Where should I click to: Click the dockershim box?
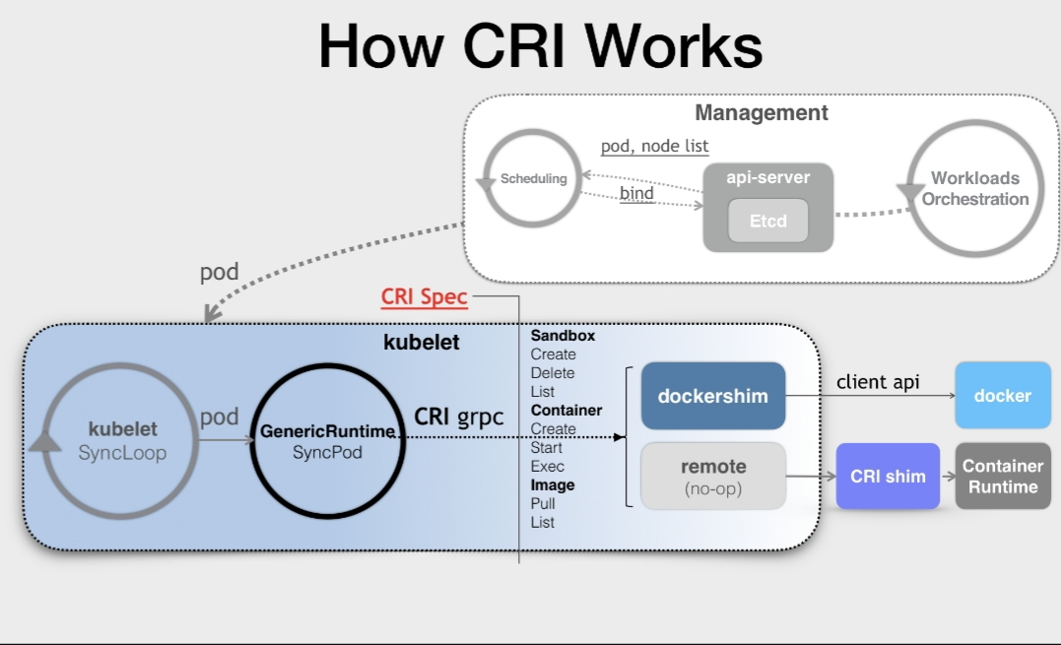pyautogui.click(x=712, y=396)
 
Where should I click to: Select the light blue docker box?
pyautogui.click(x=1002, y=396)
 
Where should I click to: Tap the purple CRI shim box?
pyautogui.click(x=888, y=477)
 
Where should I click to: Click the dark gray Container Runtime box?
pyautogui.click(x=1002, y=477)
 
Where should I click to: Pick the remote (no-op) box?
pyautogui.click(x=713, y=477)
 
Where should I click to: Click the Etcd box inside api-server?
pyautogui.click(x=768, y=221)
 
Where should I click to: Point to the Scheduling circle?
pyautogui.click(x=533, y=179)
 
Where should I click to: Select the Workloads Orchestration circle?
pyautogui.click(x=974, y=189)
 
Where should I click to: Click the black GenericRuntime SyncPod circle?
pyautogui.click(x=328, y=442)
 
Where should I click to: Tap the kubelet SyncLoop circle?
pyautogui.click(x=122, y=442)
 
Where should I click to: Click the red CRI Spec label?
pyautogui.click(x=425, y=297)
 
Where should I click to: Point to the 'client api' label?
pyautogui.click(x=878, y=381)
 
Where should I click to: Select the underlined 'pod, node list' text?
pyautogui.click(x=654, y=146)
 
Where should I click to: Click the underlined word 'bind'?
pyautogui.click(x=636, y=193)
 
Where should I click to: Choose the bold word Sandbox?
pyautogui.click(x=563, y=336)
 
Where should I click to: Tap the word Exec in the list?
pyautogui.click(x=547, y=466)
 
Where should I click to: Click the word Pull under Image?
pyautogui.click(x=544, y=503)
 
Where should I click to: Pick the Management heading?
pyautogui.click(x=762, y=112)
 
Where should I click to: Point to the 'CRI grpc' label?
pyautogui.click(x=458, y=417)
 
